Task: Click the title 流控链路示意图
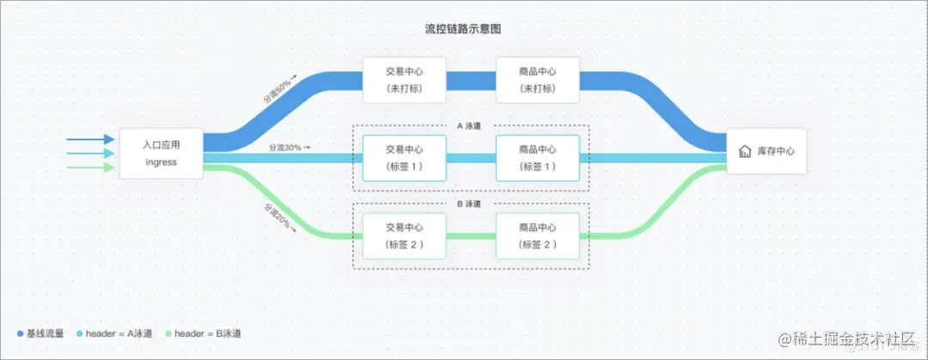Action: pos(463,29)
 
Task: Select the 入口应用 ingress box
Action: pos(161,154)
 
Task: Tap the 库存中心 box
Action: pos(766,151)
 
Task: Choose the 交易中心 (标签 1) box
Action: pos(404,157)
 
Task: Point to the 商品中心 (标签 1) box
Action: pos(538,157)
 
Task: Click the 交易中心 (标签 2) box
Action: pos(404,236)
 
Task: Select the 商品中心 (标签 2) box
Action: pos(538,236)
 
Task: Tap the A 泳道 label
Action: pos(469,125)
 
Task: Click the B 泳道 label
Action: pos(469,204)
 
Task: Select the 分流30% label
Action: pos(288,148)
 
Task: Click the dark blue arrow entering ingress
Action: pos(90,139)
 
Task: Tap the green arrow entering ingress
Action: pos(90,167)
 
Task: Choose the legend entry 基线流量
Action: pos(40,333)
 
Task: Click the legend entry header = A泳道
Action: pos(112,333)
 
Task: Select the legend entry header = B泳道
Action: pos(202,333)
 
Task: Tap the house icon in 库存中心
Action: pos(744,152)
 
